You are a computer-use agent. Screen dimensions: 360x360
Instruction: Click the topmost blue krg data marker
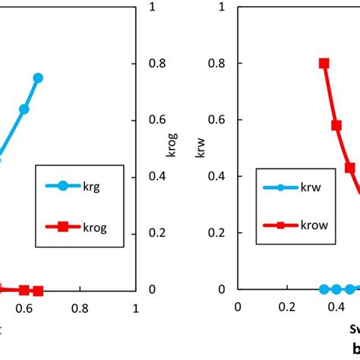[x=38, y=77]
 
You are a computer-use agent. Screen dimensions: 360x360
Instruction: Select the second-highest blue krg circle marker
[x=24, y=109]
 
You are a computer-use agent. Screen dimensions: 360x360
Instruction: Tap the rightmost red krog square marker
[x=38, y=291]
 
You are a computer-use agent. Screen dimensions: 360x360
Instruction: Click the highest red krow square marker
[x=324, y=64]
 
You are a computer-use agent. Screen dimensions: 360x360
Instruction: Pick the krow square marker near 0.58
[x=336, y=125]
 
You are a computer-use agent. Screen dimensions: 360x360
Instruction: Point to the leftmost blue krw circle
[x=324, y=289]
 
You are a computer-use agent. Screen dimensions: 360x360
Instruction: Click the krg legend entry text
[x=93, y=185]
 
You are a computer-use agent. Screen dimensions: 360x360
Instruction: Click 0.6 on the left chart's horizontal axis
[x=24, y=308]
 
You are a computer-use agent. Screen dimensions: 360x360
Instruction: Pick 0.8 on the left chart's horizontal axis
[x=80, y=308]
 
